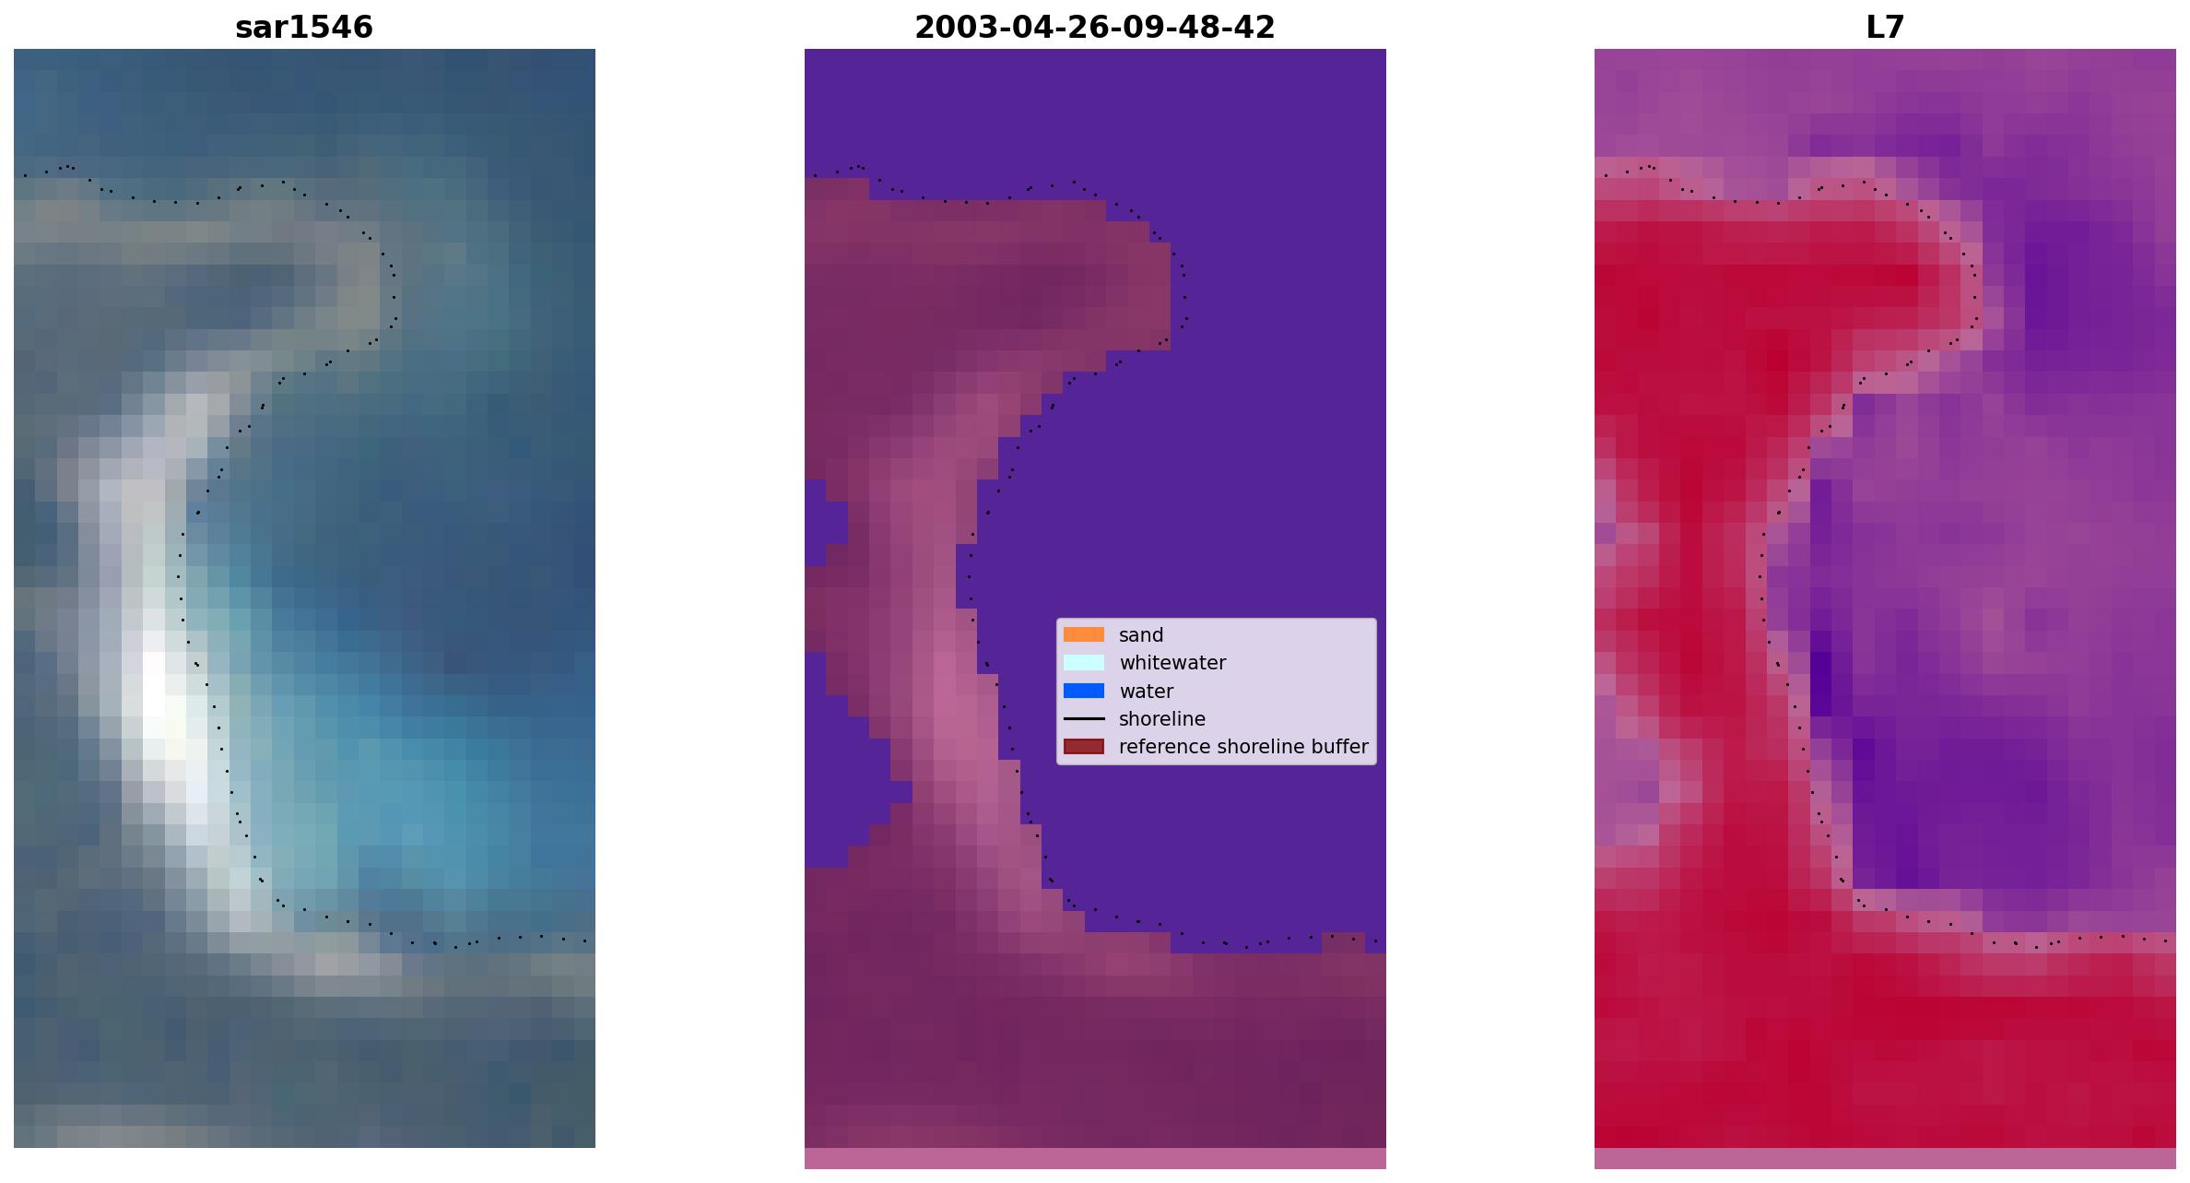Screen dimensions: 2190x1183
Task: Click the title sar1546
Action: [x=304, y=28]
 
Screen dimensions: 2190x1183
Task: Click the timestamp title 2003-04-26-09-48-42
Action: [x=1095, y=28]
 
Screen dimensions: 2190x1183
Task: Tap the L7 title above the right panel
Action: [x=1885, y=28]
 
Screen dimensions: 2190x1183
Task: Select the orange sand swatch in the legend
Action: [x=1084, y=634]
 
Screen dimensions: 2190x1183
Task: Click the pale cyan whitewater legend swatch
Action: [x=1084, y=662]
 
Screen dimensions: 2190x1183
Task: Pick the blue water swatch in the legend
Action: [x=1084, y=691]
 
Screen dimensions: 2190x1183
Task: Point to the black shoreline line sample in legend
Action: [x=1084, y=718]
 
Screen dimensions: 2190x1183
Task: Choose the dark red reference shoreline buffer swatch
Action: [x=1084, y=746]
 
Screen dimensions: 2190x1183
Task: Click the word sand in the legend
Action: [x=1141, y=635]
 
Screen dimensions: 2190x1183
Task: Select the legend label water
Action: [x=1146, y=692]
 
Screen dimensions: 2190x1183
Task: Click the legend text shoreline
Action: [x=1161, y=719]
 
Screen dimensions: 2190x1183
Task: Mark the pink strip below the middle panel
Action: [x=1095, y=1158]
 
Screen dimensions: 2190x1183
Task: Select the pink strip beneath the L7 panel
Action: [x=1885, y=1158]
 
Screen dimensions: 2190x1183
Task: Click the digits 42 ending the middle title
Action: [x=1258, y=28]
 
